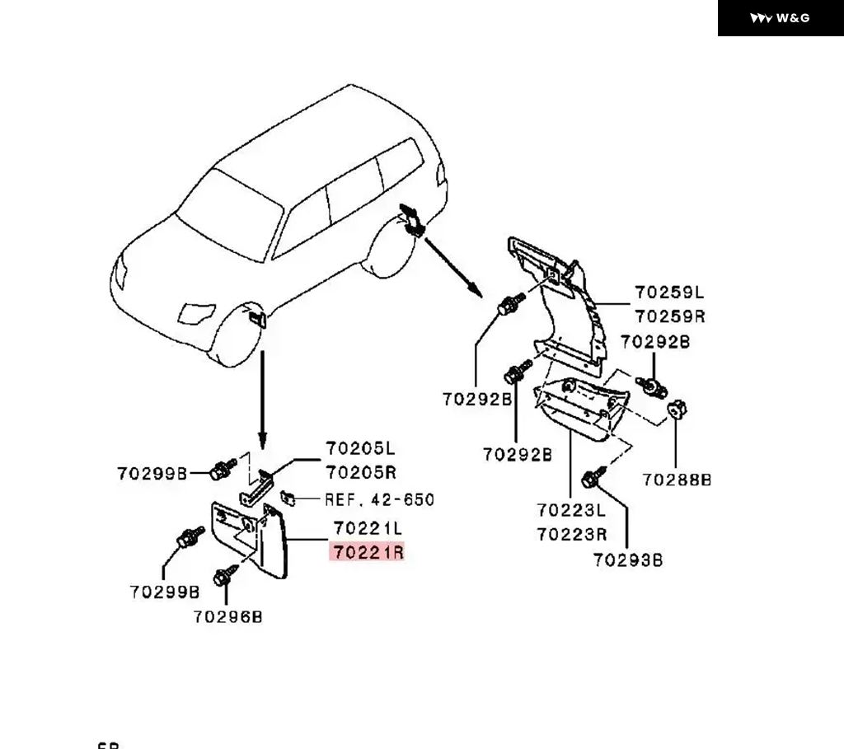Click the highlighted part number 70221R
point(368,552)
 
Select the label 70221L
point(368,527)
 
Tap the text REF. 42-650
point(379,499)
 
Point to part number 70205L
point(360,448)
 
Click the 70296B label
point(227,616)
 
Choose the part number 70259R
point(669,316)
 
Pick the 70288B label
point(677,480)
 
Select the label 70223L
point(571,510)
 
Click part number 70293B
point(628,560)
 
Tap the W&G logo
point(781,18)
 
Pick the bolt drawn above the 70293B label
point(593,478)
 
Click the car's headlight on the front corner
point(195,314)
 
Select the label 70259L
point(669,293)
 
